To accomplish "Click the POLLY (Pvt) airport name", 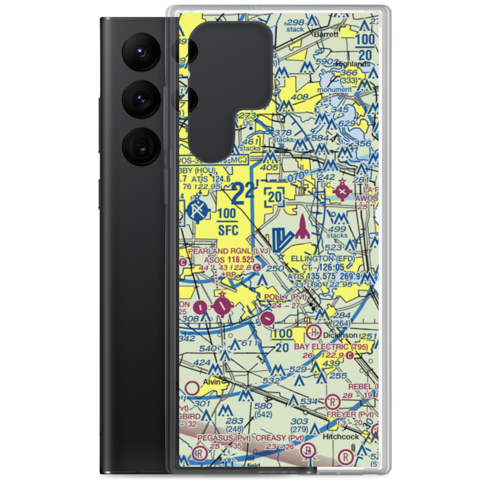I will pyautogui.click(x=285, y=297).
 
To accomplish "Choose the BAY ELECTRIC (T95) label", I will pyautogui.click(x=331, y=347).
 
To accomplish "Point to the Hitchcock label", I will pyautogui.click(x=342, y=436).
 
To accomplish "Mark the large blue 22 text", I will pyautogui.click(x=243, y=194).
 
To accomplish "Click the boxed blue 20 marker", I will pyautogui.click(x=275, y=196).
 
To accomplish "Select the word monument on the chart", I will pyautogui.click(x=333, y=90).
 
